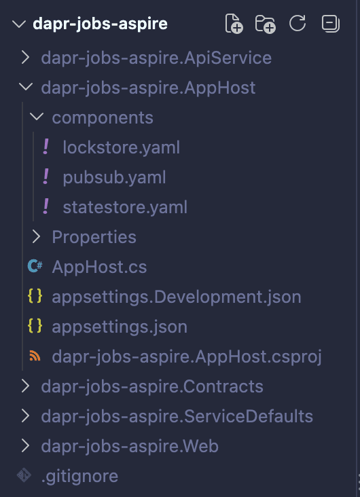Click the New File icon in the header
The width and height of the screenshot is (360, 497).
point(234,24)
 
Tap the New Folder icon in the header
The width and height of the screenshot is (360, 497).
point(265,24)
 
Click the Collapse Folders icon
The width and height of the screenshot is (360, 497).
point(331,24)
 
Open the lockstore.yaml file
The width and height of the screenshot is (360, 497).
point(121,148)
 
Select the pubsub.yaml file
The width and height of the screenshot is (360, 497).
point(114,177)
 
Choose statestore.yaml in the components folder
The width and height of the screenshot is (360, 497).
point(125,207)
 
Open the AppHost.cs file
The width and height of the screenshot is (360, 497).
point(99,267)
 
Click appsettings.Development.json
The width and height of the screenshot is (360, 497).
point(177,297)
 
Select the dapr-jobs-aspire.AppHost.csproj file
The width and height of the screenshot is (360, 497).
point(187,356)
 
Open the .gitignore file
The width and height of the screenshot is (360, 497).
point(80,476)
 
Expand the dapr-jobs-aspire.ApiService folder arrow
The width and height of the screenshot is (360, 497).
point(25,58)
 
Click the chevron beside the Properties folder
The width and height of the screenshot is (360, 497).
point(36,237)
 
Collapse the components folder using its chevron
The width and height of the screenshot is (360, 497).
point(37,117)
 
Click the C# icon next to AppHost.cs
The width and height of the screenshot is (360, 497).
point(35,266)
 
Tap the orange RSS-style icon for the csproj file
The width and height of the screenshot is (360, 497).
point(35,356)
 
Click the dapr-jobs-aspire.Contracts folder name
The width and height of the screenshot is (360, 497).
point(152,386)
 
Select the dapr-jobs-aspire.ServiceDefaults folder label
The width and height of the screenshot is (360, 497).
point(177,416)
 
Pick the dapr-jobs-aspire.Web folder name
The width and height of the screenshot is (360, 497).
point(130,446)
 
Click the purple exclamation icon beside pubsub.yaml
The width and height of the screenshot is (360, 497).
point(46,177)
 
